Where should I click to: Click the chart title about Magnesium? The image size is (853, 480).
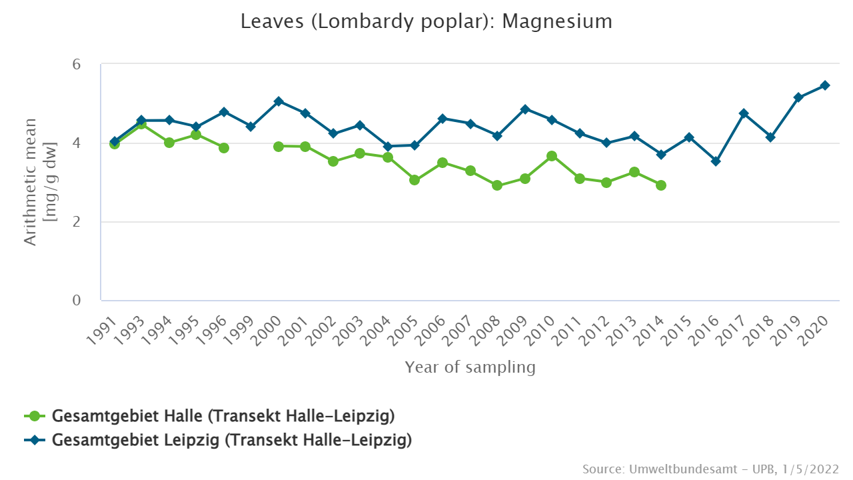pyautogui.click(x=426, y=21)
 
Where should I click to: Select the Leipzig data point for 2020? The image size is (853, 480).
pyautogui.click(x=825, y=85)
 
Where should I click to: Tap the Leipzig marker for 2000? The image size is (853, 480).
pyautogui.click(x=279, y=101)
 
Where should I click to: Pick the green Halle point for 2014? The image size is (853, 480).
pyautogui.click(x=661, y=185)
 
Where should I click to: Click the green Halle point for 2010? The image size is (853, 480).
pyautogui.click(x=552, y=156)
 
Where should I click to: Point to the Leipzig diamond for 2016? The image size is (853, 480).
pyautogui.click(x=716, y=161)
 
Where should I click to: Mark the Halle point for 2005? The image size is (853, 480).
pyautogui.click(x=415, y=180)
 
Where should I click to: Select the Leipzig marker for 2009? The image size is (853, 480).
pyautogui.click(x=524, y=109)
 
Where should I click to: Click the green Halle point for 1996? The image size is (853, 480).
pyautogui.click(x=224, y=148)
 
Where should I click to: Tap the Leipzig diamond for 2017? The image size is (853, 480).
pyautogui.click(x=743, y=113)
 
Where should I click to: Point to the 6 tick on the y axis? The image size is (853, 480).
pyautogui.click(x=77, y=65)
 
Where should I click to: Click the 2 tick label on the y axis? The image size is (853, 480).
pyautogui.click(x=77, y=222)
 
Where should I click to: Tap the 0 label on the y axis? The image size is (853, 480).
pyautogui.click(x=77, y=301)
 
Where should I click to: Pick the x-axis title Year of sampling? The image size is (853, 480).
pyautogui.click(x=470, y=367)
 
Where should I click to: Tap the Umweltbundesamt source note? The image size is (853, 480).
pyautogui.click(x=710, y=469)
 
